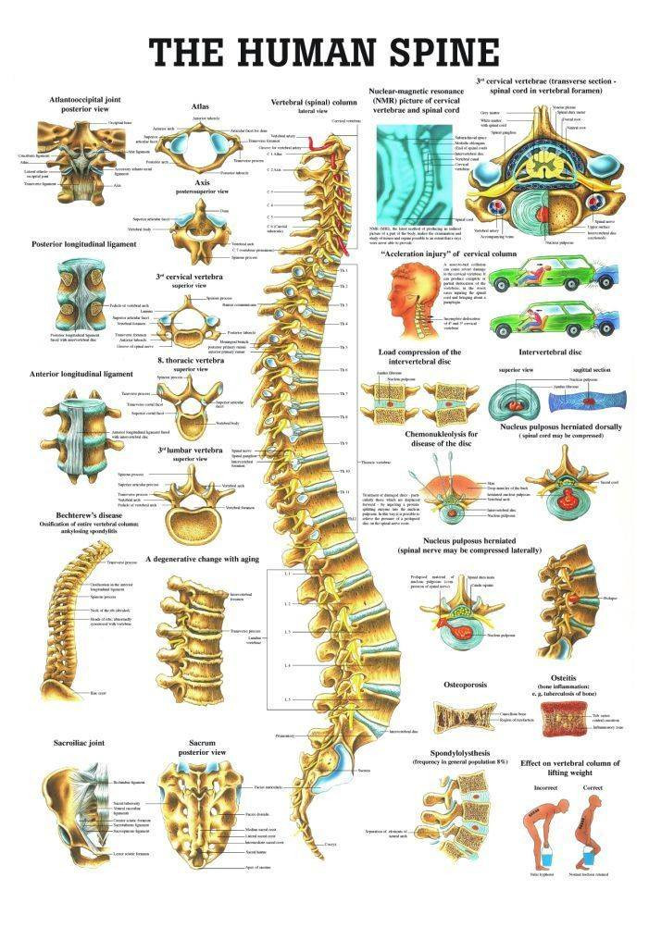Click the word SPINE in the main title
click(x=422, y=51)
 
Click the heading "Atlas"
click(x=200, y=106)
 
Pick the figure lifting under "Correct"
click(x=586, y=836)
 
